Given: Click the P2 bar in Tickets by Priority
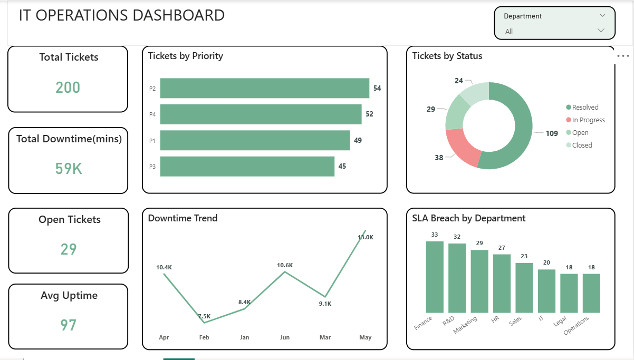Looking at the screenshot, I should [x=264, y=88].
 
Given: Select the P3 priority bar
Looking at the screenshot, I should [x=247, y=166].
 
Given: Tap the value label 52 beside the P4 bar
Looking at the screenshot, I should [x=369, y=114].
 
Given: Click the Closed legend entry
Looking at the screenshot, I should [x=582, y=145].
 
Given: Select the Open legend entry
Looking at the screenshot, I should [x=580, y=133].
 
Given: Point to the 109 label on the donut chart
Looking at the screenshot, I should [x=552, y=133].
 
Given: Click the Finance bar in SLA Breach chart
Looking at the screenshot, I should [x=435, y=277].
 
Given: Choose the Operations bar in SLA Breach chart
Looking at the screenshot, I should [x=591, y=293].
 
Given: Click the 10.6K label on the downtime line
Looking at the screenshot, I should [x=285, y=265].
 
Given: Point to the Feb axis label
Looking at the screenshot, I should [x=204, y=337].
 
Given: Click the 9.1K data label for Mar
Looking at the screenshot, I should [x=325, y=304].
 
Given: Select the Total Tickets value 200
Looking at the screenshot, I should [x=68, y=87].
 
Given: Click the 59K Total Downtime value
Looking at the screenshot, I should [x=69, y=169].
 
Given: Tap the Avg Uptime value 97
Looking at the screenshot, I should [x=68, y=325].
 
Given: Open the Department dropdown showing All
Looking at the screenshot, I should [x=554, y=31].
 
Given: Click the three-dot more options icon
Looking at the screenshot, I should [x=623, y=56].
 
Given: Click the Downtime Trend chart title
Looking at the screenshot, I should [x=182, y=218].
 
